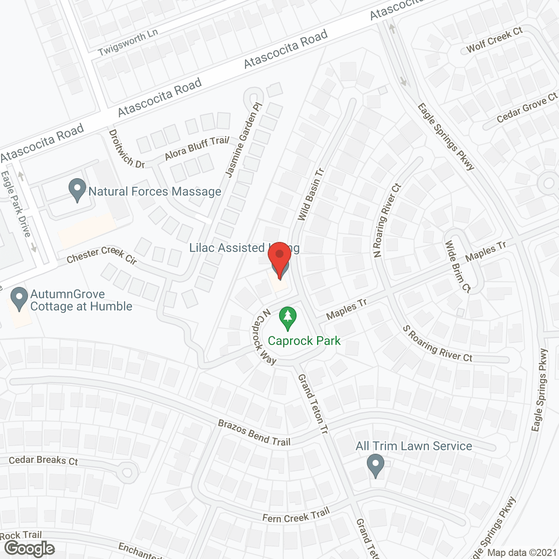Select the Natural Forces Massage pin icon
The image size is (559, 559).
77,190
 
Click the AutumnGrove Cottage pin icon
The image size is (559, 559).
19,299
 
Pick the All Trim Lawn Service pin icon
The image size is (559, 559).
375,466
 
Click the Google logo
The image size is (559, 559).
30,548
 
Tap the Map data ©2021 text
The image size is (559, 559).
522,553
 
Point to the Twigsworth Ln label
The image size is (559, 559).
128,43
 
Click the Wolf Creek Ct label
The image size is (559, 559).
494,40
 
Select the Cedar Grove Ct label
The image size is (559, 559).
527,107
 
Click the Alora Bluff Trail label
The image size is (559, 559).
197,148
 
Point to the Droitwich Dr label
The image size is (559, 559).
126,148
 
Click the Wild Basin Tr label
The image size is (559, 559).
311,194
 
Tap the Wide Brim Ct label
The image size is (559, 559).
458,266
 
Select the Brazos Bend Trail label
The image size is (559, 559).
254,433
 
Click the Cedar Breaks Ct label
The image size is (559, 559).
43,460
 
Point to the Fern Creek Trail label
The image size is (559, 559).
296,515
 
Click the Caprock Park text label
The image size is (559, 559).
304,341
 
